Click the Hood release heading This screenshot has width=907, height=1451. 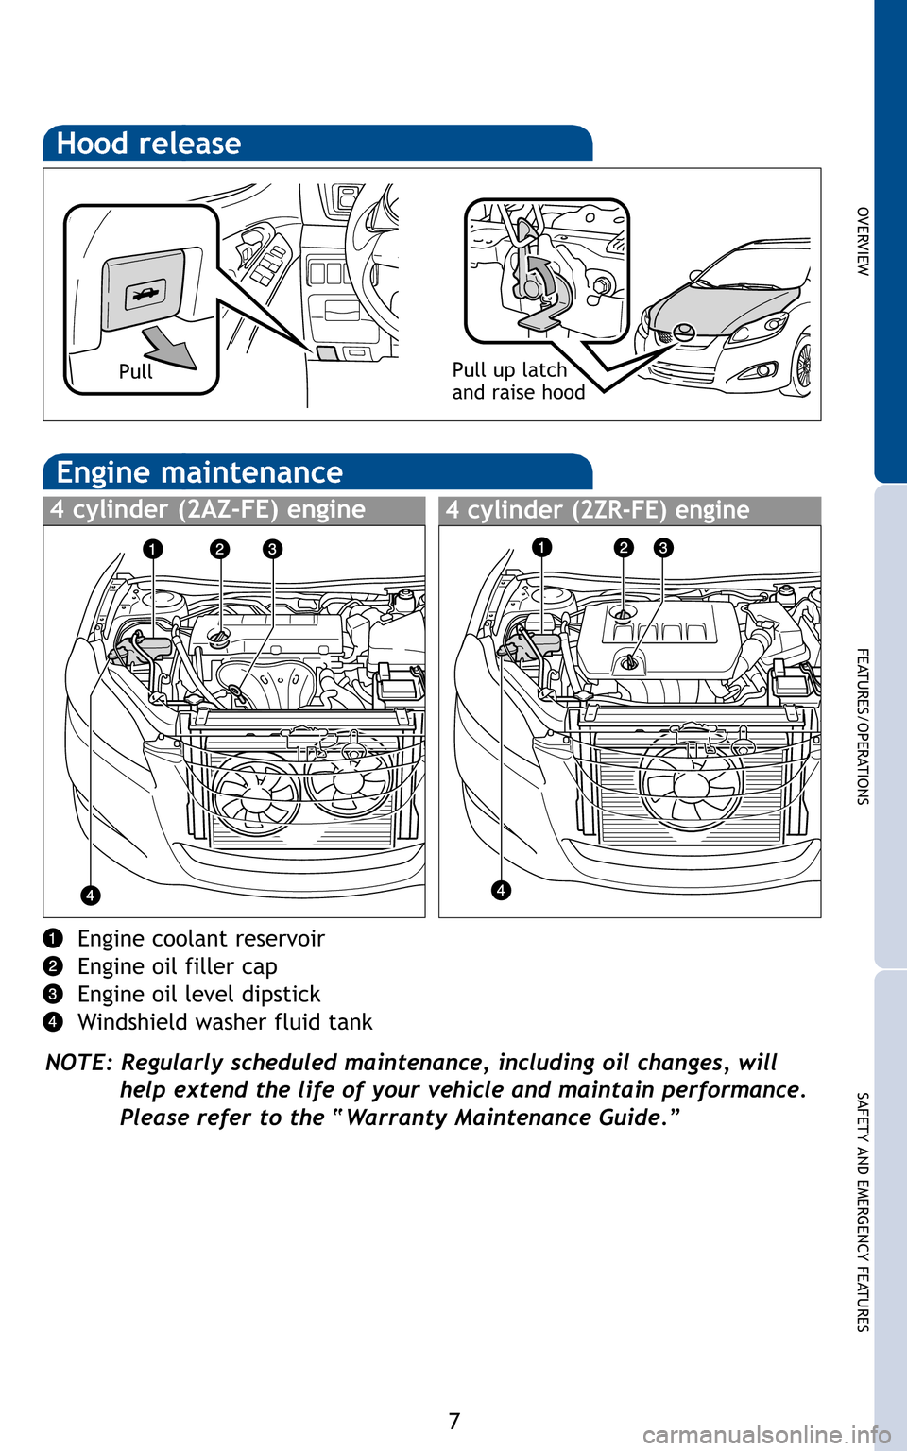(148, 144)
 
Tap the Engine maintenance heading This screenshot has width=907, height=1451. (199, 472)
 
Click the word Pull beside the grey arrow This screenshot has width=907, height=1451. (135, 372)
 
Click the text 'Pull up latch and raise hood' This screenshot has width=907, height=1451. (518, 382)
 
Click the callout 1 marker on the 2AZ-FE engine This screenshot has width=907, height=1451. (153, 549)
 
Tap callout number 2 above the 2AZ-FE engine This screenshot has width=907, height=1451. (220, 549)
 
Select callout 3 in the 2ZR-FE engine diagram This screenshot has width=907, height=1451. (663, 548)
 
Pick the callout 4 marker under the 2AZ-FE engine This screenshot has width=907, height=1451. (90, 895)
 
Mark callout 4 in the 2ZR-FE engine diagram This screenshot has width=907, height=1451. (501, 890)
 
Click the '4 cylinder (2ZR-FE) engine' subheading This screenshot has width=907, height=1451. (597, 510)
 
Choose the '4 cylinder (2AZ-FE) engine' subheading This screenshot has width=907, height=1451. (208, 510)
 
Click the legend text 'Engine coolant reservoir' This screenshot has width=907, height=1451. (200, 939)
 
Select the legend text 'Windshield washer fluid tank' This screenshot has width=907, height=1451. (225, 1022)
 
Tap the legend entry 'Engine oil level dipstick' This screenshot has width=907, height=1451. (198, 995)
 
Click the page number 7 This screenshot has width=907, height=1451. (454, 1421)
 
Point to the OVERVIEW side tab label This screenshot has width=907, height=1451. (862, 241)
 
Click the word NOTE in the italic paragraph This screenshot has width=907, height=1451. (77, 1063)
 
